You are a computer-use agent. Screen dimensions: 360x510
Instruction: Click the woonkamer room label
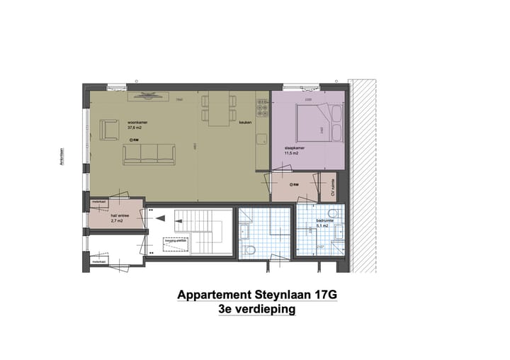pos(137,122)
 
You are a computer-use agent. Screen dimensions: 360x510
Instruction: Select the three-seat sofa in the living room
pos(149,154)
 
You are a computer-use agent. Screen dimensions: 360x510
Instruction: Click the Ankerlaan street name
pos(62,157)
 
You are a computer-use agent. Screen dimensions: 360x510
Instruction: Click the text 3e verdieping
pos(257,310)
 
